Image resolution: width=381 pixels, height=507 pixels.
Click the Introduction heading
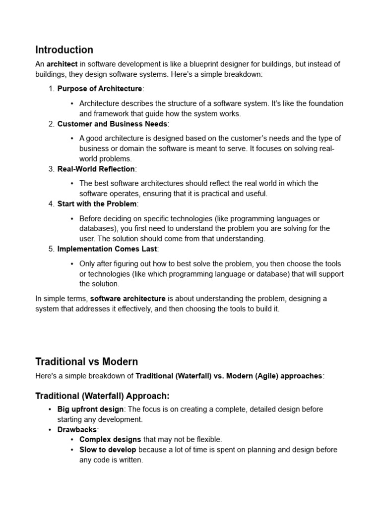(64, 50)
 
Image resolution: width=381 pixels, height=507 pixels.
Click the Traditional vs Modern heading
(86, 361)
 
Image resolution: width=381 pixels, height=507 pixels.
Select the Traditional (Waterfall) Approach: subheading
(102, 396)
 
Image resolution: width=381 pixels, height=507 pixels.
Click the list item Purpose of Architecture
(99, 89)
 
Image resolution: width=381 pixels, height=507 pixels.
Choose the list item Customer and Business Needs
(113, 124)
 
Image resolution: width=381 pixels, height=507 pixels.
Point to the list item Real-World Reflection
(96, 169)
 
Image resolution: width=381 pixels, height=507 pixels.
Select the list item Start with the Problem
(97, 204)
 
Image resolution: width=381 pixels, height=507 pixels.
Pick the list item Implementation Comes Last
(107, 249)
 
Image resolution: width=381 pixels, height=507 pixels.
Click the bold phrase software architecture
(127, 299)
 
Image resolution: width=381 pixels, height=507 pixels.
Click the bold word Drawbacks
(77, 430)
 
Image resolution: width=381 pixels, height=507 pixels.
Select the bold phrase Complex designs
(110, 440)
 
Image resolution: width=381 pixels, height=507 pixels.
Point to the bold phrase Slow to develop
(108, 450)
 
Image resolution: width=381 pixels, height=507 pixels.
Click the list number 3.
(51, 169)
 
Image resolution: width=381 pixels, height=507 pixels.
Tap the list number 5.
(51, 249)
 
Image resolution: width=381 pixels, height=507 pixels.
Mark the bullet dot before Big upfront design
(50, 409)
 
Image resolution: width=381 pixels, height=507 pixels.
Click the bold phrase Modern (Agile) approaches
(274, 376)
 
